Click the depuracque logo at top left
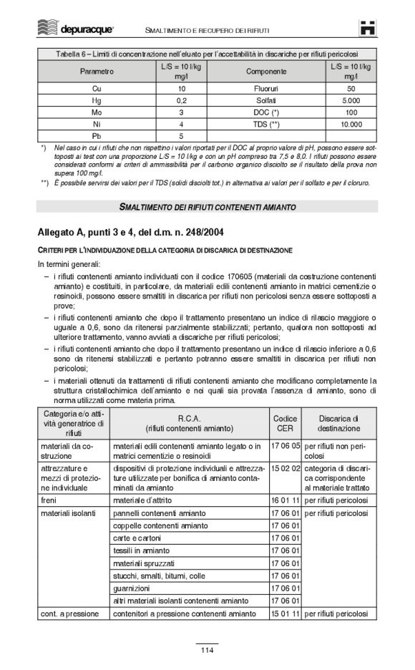pos(75,29)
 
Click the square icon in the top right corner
pos(368,29)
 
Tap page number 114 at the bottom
pos(207,650)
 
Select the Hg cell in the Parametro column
pos(97,101)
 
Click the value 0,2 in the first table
pos(181,101)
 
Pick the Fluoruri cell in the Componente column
pos(265,89)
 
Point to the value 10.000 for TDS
pos(351,124)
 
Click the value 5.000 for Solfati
pos(351,101)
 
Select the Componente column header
pos(265,72)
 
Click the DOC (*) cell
pos(265,112)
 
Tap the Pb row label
pos(97,135)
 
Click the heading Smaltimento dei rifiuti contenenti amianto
pos(207,207)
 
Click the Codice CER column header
pos(285,423)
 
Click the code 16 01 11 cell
pos(285,500)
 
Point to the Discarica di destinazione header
pos(338,423)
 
